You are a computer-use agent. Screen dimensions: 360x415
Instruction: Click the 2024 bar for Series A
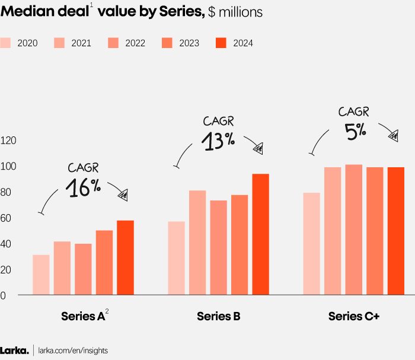[125, 257]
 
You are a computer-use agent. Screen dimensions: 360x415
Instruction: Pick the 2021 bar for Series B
[197, 243]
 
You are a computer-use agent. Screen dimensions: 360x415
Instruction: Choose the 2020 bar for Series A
[41, 275]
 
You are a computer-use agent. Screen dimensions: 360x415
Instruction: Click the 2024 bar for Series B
[260, 234]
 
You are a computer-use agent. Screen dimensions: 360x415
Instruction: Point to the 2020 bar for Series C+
[311, 244]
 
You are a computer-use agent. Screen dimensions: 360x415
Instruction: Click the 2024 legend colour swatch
[221, 43]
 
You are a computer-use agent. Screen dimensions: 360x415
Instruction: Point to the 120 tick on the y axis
[8, 141]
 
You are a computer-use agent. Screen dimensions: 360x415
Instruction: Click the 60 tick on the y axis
[6, 218]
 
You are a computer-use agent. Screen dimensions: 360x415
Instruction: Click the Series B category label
[218, 317]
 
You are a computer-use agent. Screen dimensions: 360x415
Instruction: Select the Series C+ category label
[353, 317]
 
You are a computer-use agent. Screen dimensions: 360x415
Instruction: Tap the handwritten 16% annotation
[82, 187]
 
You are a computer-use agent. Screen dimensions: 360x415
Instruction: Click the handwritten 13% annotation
[218, 141]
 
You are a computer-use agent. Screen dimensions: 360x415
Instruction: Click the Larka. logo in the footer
[14, 351]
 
